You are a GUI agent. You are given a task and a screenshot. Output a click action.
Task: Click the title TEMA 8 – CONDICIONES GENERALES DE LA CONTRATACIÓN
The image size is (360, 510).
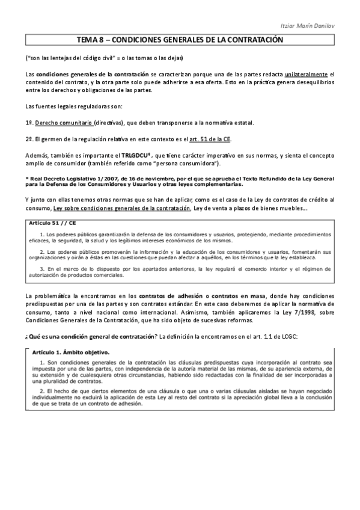pyautogui.click(x=180, y=40)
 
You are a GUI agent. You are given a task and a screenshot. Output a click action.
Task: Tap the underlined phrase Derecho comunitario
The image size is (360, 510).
pyautogui.click(x=64, y=123)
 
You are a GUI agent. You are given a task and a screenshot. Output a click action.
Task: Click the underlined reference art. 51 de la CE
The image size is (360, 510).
pyautogui.click(x=210, y=139)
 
